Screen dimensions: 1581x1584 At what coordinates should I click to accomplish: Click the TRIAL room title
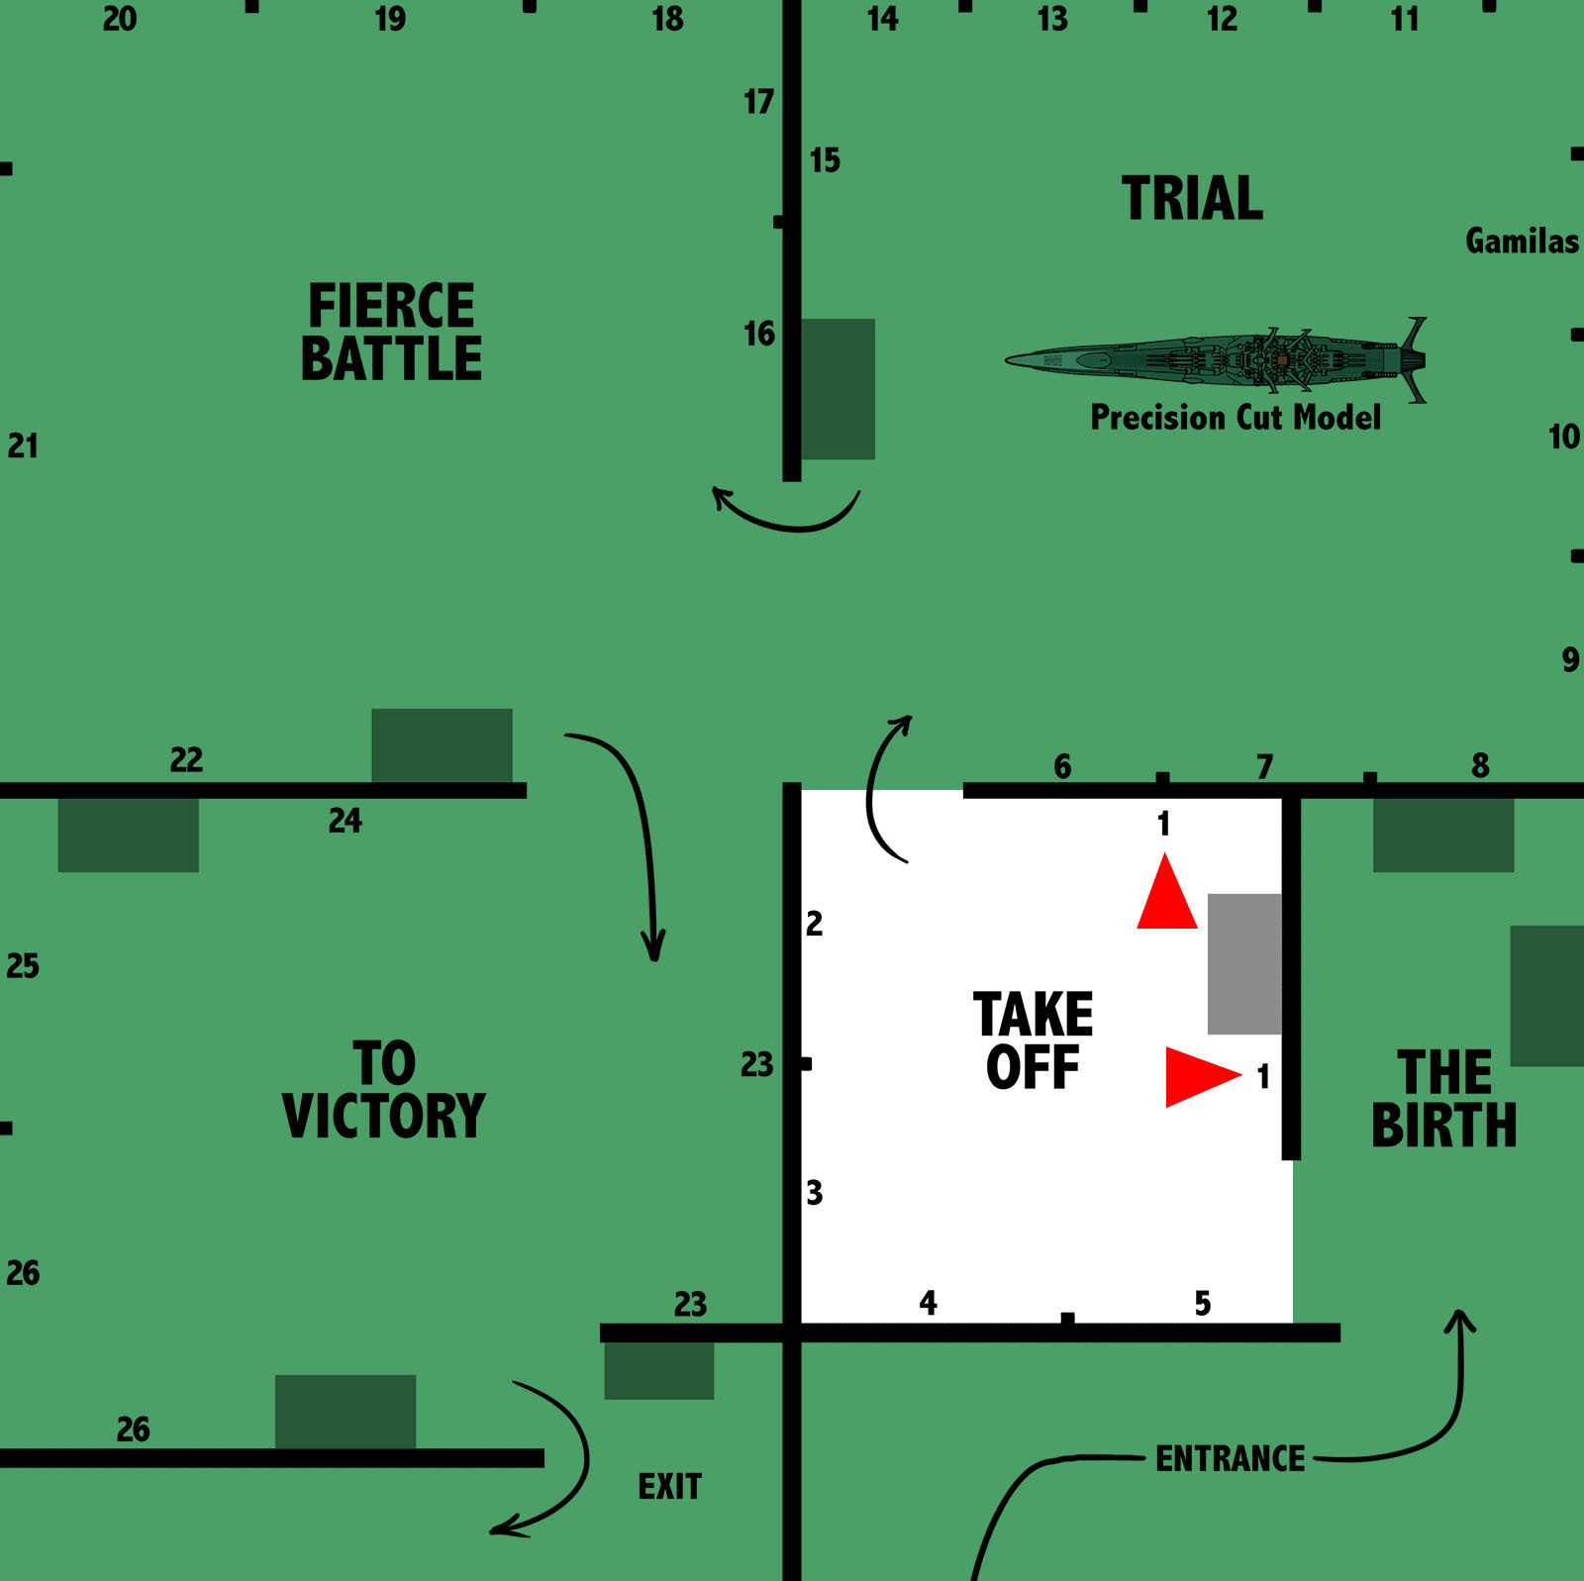[1192, 198]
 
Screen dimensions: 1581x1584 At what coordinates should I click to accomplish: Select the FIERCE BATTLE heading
[391, 332]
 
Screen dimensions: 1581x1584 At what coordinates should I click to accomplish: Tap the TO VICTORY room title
[384, 1090]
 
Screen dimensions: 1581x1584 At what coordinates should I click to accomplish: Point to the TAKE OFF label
[1033, 1040]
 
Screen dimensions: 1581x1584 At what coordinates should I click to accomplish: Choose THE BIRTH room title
[1443, 1099]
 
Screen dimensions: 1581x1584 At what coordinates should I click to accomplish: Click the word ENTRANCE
[1231, 1458]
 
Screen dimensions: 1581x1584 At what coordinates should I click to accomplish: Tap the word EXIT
[669, 1486]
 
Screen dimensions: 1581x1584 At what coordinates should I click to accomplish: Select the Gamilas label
[1522, 241]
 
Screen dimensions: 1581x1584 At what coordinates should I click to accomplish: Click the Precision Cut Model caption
[1235, 417]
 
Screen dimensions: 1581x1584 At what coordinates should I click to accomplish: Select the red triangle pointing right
[1199, 1075]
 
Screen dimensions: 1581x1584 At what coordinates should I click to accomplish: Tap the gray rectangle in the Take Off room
[1244, 963]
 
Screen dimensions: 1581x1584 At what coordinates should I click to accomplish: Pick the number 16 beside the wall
[759, 335]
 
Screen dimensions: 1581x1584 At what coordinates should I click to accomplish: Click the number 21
[23, 446]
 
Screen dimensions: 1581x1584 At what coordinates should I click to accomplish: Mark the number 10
[1564, 437]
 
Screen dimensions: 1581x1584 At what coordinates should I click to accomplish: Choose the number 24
[346, 821]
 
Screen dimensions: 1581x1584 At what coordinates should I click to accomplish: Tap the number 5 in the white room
[1203, 1303]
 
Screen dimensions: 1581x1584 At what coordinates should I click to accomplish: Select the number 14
[882, 19]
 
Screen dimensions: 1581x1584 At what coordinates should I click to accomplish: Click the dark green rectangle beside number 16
[838, 388]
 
